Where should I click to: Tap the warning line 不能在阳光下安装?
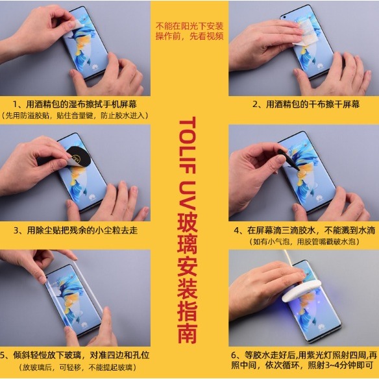189,26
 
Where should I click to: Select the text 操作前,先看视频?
189,36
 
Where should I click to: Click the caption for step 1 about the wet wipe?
75,104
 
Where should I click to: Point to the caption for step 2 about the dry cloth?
303,104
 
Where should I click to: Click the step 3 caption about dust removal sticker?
75,230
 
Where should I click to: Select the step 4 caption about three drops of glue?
303,230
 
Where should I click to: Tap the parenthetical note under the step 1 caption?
75,116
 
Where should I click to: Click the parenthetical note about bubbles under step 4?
303,241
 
